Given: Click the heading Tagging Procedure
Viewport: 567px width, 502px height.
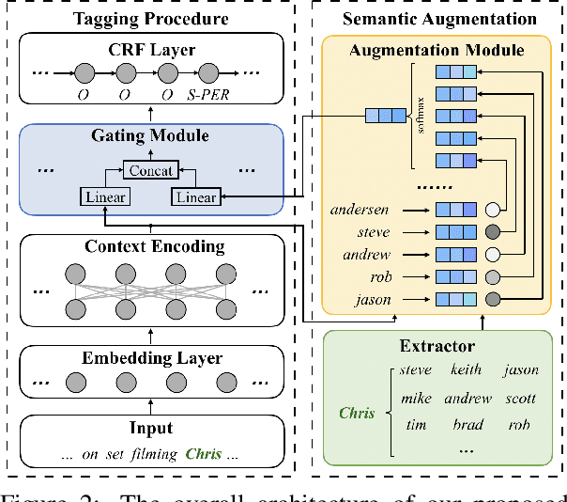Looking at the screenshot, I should (x=151, y=18).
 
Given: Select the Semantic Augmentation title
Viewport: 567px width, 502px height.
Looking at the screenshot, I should (x=439, y=18).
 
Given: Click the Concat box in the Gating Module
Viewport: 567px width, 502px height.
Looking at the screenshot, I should (x=151, y=170).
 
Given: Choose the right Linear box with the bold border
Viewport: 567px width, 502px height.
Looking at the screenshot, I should (x=195, y=196).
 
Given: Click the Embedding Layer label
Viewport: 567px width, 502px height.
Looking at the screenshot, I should (x=151, y=357).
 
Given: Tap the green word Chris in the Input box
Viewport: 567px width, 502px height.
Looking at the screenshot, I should (x=203, y=454).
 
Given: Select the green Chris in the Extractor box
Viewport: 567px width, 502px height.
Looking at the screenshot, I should (x=357, y=412).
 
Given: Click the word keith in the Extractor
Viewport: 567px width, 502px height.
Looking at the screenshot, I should (x=466, y=370).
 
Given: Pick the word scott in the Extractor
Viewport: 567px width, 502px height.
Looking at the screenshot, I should (x=521, y=398).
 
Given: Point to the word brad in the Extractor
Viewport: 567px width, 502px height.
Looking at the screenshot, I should (x=467, y=424).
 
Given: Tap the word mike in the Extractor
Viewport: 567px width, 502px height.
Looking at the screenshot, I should (x=415, y=398).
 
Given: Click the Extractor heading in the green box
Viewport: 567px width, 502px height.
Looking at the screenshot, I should (x=437, y=347).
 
